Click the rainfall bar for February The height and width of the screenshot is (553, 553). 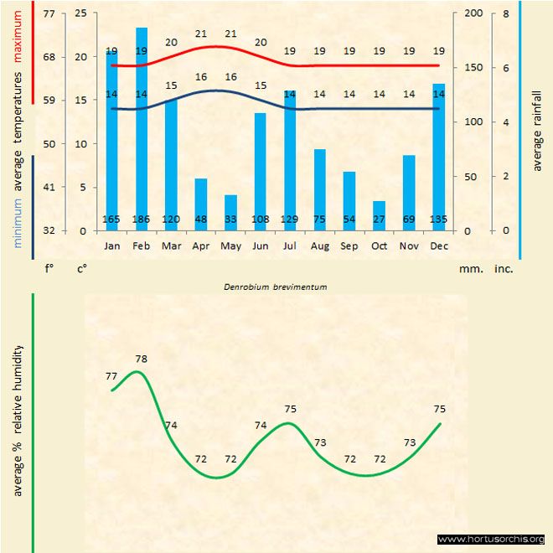(x=142, y=126)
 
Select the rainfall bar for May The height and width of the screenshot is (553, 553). (x=230, y=212)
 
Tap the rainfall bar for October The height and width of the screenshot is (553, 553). (x=379, y=214)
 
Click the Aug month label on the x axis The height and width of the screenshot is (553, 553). (x=319, y=246)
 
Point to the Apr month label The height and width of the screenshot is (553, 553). (x=201, y=246)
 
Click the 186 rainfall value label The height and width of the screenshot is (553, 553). (x=142, y=220)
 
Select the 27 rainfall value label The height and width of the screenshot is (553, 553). (x=379, y=220)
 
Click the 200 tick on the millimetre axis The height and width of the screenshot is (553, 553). (x=473, y=14)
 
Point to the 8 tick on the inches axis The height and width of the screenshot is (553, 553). (x=506, y=14)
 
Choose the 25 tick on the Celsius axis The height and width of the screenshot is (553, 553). (x=80, y=14)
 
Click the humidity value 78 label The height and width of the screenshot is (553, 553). (x=142, y=359)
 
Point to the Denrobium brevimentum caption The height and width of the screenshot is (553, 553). (x=275, y=287)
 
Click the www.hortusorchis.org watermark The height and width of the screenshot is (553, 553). (x=491, y=539)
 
